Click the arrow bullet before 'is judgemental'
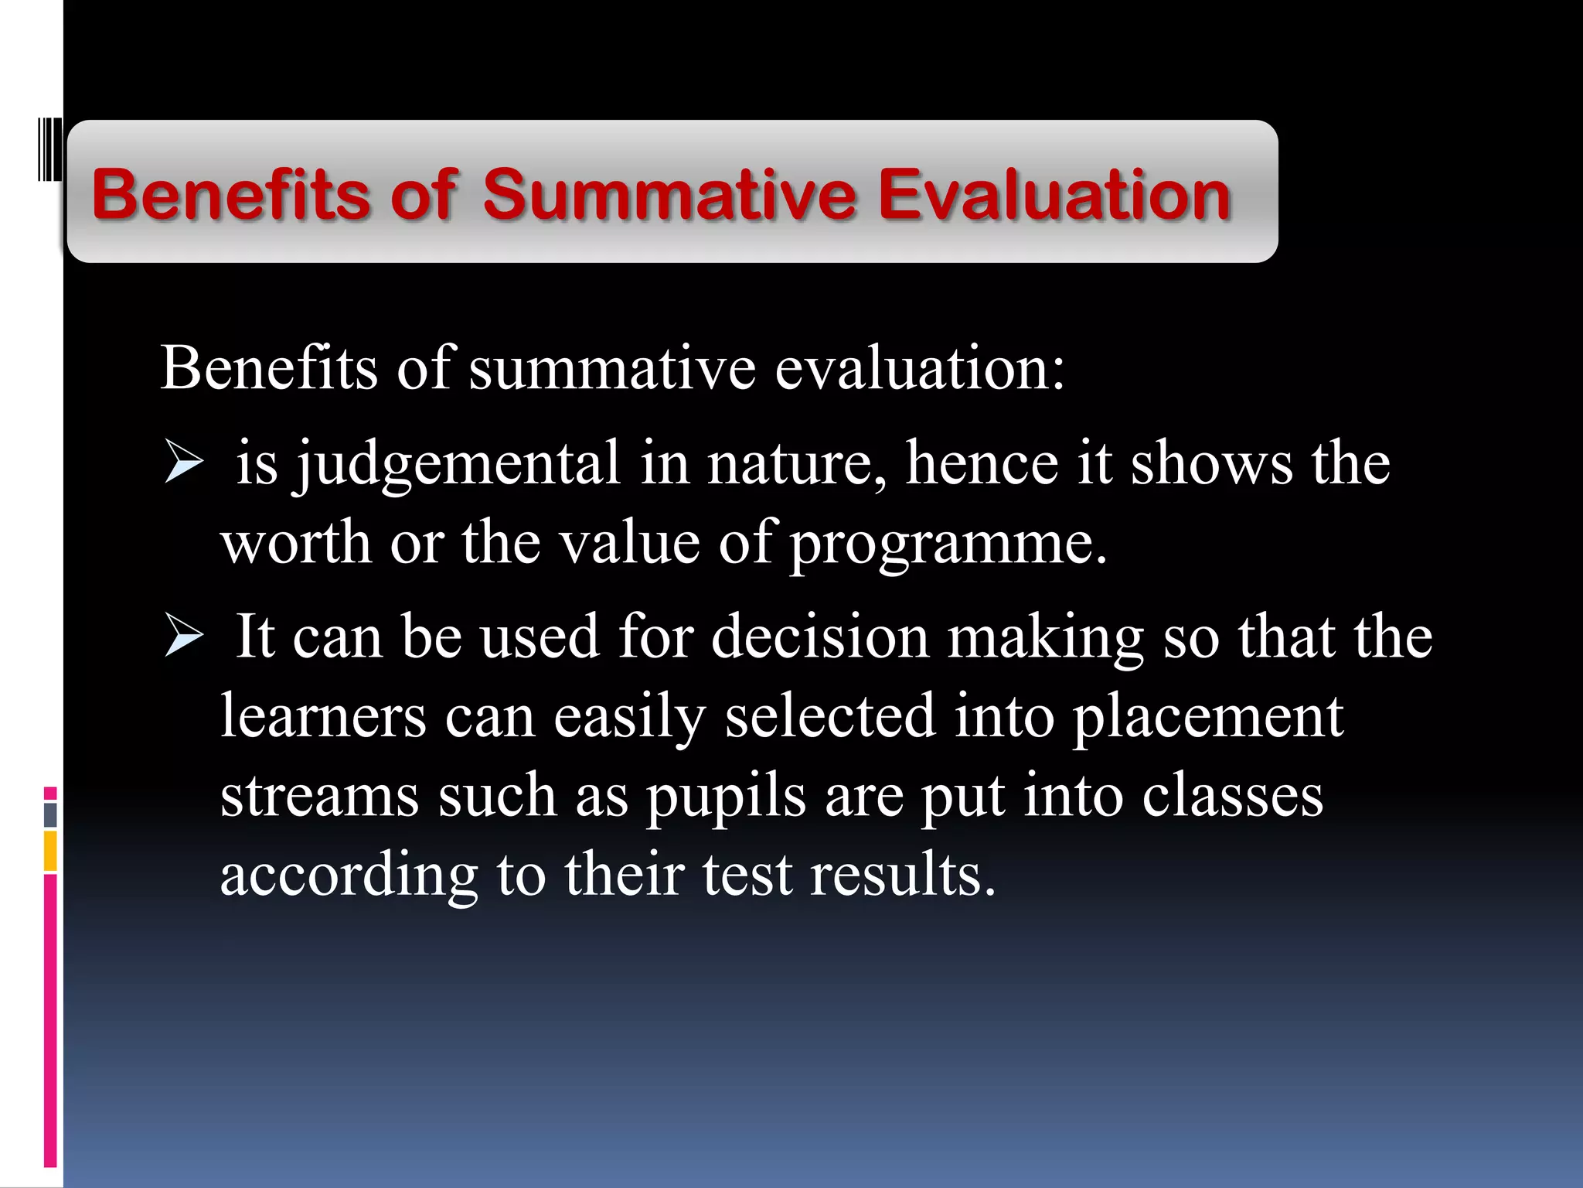(184, 464)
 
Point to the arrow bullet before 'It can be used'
(184, 638)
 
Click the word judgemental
(459, 464)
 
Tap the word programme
(948, 544)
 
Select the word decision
(819, 637)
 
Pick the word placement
(1207, 718)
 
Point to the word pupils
(726, 797)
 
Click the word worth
(296, 543)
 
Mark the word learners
(323, 716)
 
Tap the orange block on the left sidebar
(50, 851)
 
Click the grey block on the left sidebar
(50, 814)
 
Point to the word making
(1045, 638)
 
